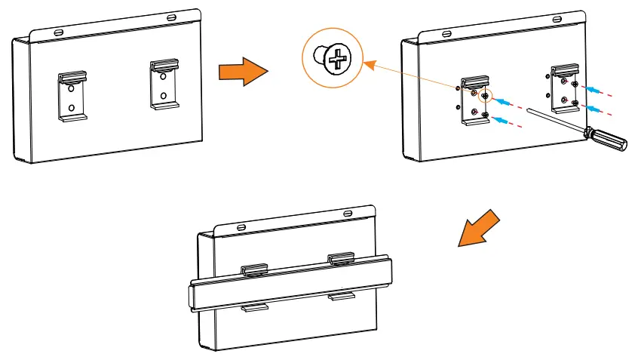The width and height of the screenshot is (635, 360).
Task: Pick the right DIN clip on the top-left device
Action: tap(162, 84)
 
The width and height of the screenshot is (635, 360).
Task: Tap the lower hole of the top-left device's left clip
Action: tap(71, 108)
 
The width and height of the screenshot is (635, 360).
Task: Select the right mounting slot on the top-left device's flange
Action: tap(173, 16)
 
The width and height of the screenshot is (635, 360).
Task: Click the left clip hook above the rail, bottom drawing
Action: tap(253, 269)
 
